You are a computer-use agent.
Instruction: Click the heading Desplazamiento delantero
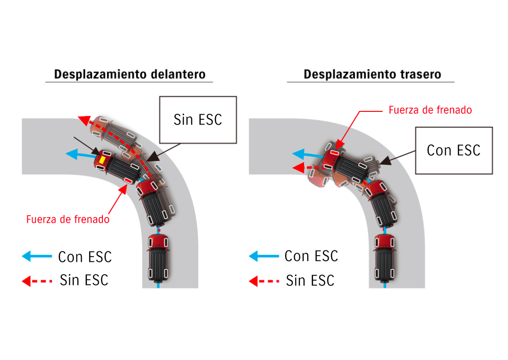[x=129, y=74]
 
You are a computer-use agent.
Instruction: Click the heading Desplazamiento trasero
[x=372, y=74]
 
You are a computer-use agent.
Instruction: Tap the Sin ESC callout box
[x=197, y=119]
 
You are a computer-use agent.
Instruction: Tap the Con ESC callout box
[x=453, y=150]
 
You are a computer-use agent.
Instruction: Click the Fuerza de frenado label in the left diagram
[x=68, y=219]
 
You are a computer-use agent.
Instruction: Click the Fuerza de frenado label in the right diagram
[x=430, y=110]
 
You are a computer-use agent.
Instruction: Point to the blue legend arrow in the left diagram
[x=37, y=256]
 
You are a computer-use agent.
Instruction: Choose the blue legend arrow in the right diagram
[x=263, y=256]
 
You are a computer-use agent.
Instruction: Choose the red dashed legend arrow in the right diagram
[x=263, y=282]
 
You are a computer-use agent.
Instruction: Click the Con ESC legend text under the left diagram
[x=85, y=257]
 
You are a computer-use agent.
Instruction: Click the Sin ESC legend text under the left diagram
[x=84, y=280]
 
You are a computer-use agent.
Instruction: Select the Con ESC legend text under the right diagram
[x=311, y=256]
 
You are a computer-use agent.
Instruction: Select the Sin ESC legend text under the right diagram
[x=310, y=281]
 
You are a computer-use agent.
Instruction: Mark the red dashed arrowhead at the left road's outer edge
[x=83, y=120]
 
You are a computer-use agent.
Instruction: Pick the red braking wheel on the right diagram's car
[x=334, y=153]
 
